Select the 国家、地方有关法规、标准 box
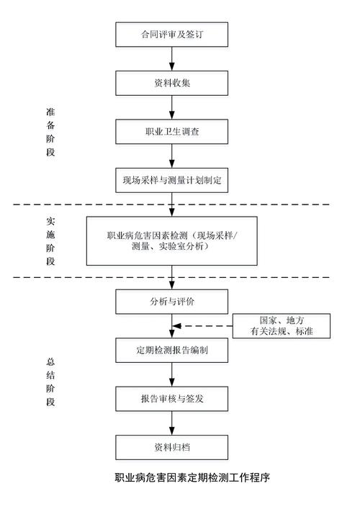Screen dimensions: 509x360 [x=282, y=326]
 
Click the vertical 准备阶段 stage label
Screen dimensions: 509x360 [x=50, y=133]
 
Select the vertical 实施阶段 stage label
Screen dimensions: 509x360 [x=50, y=241]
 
